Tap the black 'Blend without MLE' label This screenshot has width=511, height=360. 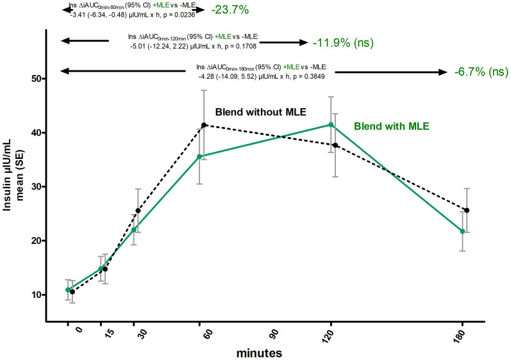pos(260,111)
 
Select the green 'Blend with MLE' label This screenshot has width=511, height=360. pos(390,126)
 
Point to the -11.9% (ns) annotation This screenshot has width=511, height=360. pos(342,44)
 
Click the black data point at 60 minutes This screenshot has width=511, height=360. pos(205,125)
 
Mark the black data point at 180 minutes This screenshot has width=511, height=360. pos(467,210)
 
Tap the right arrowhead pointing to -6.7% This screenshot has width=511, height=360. pos(443,72)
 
